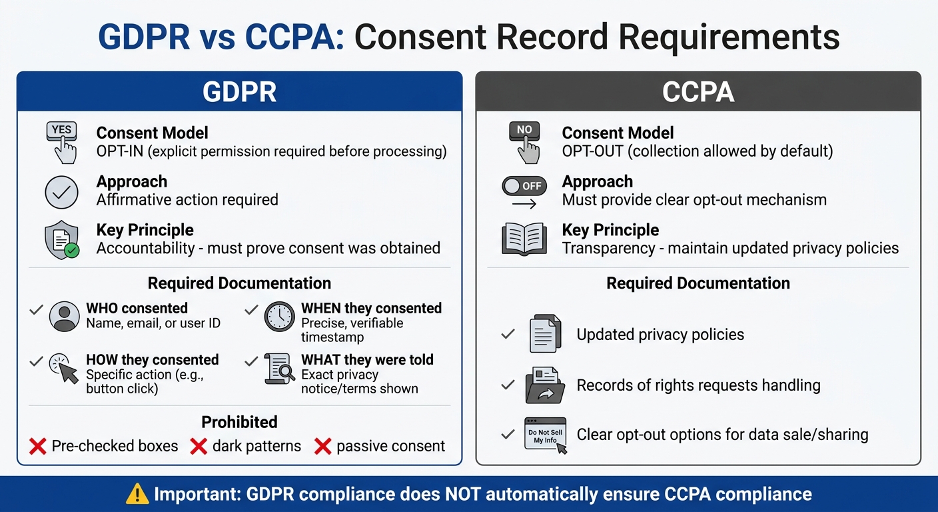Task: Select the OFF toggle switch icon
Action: (x=524, y=186)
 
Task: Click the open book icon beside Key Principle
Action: (x=524, y=239)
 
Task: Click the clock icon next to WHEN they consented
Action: (x=279, y=316)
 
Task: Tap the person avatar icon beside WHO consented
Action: (x=64, y=316)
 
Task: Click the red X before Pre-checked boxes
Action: (x=38, y=446)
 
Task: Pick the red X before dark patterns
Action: (x=199, y=446)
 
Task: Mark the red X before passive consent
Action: (x=322, y=446)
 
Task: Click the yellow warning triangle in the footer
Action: (x=137, y=494)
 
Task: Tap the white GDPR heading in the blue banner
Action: (x=239, y=92)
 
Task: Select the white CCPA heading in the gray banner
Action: (x=698, y=92)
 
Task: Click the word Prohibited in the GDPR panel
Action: (x=239, y=422)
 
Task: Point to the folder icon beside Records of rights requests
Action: (x=544, y=385)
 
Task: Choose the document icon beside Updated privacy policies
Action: (x=544, y=334)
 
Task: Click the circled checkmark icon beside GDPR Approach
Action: (x=61, y=192)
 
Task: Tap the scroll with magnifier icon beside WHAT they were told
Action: (x=280, y=368)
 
